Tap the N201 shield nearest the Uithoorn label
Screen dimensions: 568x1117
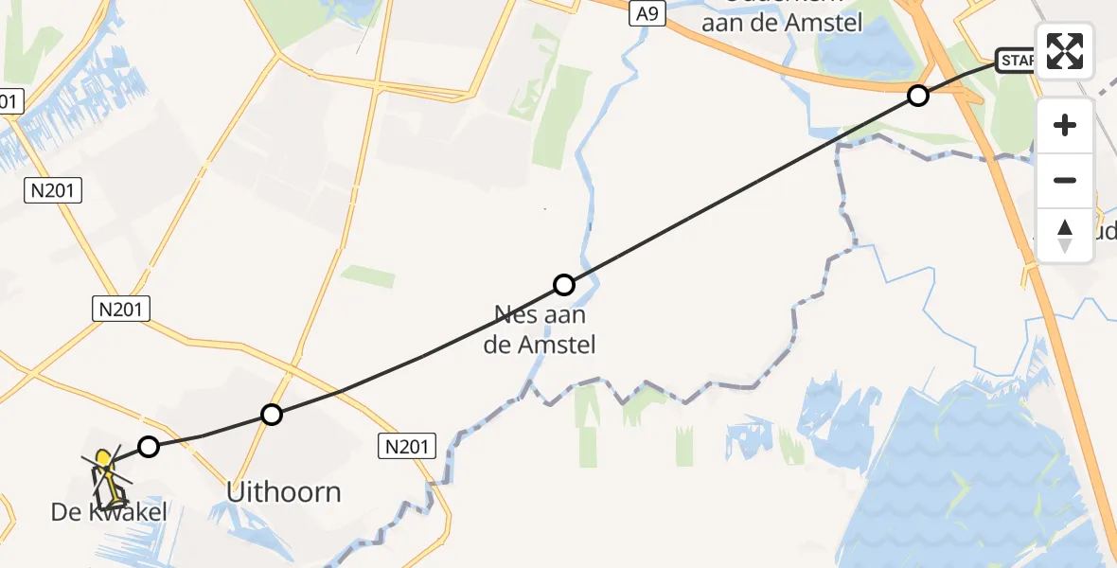click(408, 446)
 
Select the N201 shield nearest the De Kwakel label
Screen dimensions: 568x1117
click(122, 308)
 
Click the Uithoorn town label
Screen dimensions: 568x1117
click(284, 492)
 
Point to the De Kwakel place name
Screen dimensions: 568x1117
click(109, 513)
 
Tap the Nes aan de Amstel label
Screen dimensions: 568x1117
click(540, 329)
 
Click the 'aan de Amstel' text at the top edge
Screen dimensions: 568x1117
click(783, 22)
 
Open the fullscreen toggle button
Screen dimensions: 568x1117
click(1065, 50)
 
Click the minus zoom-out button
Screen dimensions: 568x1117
click(1065, 180)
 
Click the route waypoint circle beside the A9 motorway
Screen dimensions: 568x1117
click(917, 95)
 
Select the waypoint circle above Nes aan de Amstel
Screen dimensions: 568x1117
click(563, 284)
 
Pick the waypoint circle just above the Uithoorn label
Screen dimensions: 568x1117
click(272, 414)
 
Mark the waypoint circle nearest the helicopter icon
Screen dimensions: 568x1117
click(148, 446)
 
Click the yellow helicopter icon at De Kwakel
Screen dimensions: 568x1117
click(106, 473)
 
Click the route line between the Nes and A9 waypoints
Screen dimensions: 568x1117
click(738, 190)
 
